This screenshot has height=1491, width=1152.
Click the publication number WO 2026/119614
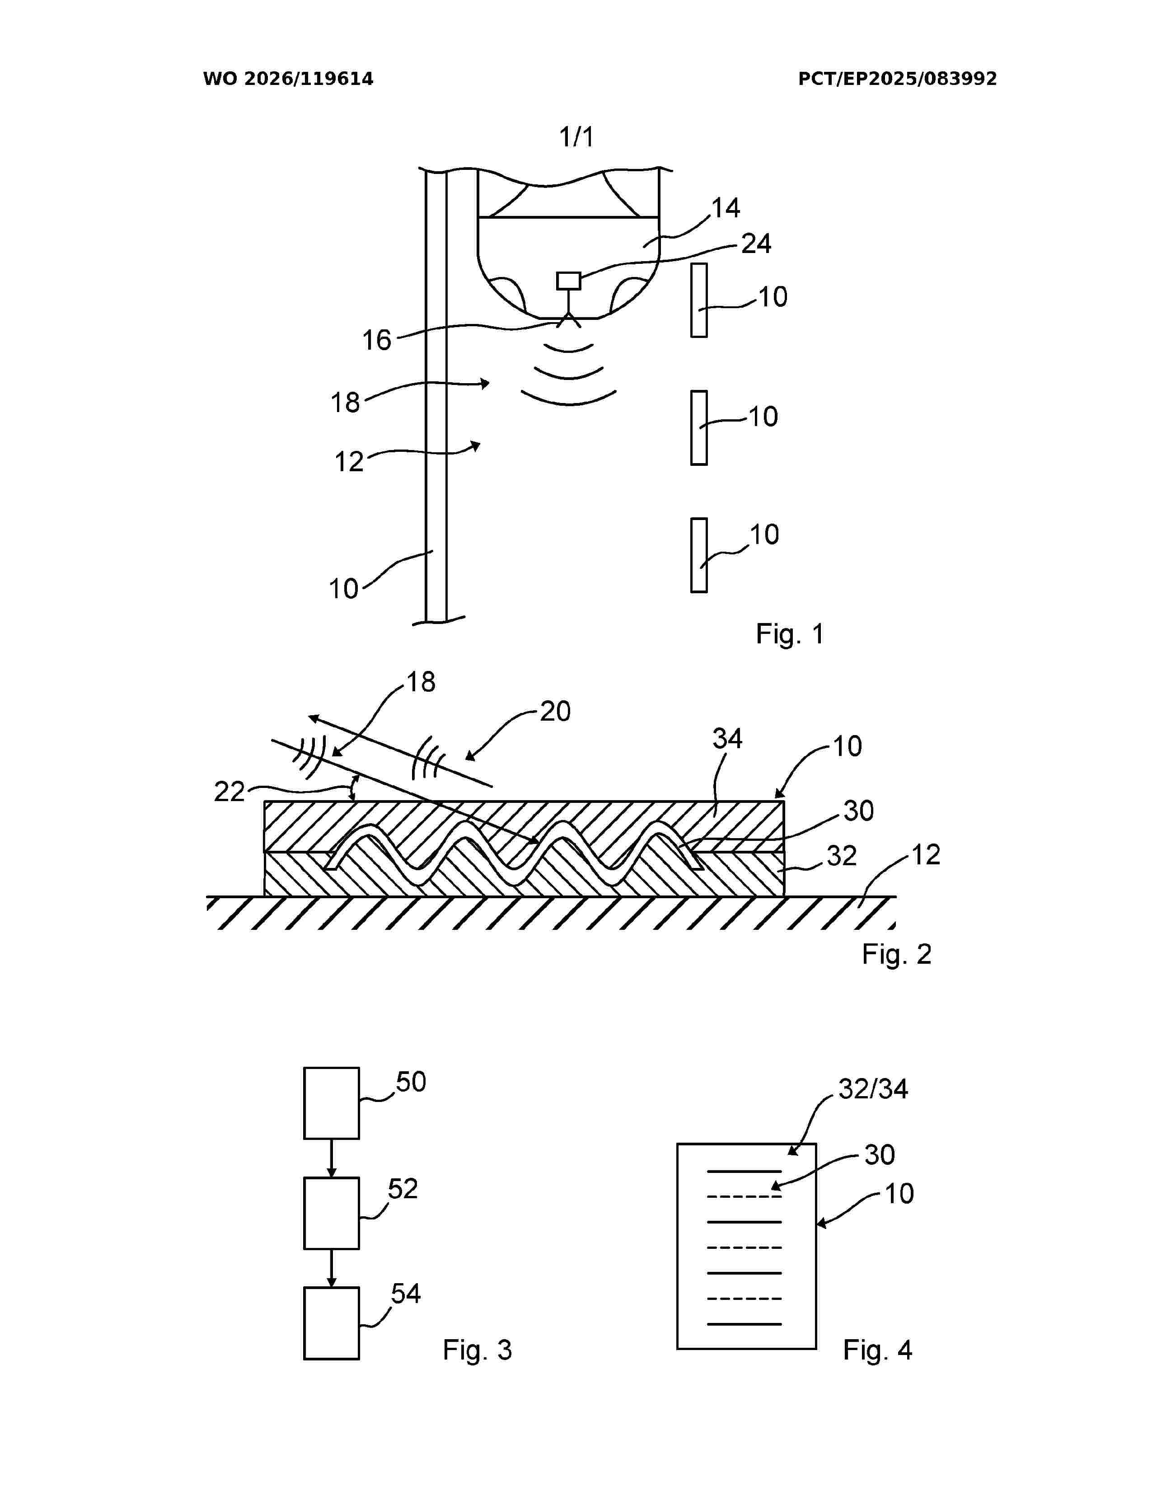pyautogui.click(x=288, y=79)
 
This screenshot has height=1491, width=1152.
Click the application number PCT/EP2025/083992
pyautogui.click(x=898, y=79)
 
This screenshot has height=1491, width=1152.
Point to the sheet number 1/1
pyautogui.click(x=577, y=137)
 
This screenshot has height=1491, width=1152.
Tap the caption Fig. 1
pyautogui.click(x=790, y=634)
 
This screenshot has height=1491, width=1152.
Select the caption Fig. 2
pyautogui.click(x=896, y=954)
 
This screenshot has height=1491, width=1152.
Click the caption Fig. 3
pyautogui.click(x=477, y=1350)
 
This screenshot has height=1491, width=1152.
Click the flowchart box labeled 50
pyautogui.click(x=332, y=1103)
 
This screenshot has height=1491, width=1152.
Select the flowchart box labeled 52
pyautogui.click(x=332, y=1213)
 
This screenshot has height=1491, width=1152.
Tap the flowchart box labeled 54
pyautogui.click(x=332, y=1323)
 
